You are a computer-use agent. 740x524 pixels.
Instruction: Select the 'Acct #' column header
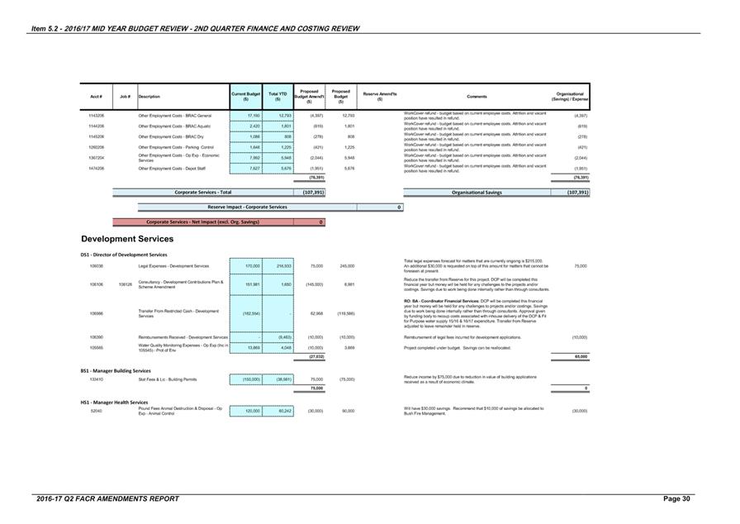(96, 97)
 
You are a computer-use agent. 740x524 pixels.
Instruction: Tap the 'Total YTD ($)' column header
(277, 97)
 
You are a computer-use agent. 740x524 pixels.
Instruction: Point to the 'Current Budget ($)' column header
(246, 97)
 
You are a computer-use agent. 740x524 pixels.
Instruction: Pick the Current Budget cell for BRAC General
(246, 116)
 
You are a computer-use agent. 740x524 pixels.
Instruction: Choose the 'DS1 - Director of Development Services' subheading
(124, 255)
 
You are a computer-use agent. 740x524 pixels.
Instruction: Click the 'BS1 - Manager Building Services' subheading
(116, 371)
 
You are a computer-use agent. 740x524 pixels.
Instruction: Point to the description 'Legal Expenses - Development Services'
(173, 266)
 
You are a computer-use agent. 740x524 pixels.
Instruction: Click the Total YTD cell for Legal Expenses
(277, 266)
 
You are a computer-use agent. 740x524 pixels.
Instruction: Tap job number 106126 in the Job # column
(126, 284)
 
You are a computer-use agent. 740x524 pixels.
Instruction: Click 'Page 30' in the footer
(678, 499)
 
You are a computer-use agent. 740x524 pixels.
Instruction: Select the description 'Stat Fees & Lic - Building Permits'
(170, 379)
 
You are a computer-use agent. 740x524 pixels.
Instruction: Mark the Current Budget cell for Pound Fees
(246, 411)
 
